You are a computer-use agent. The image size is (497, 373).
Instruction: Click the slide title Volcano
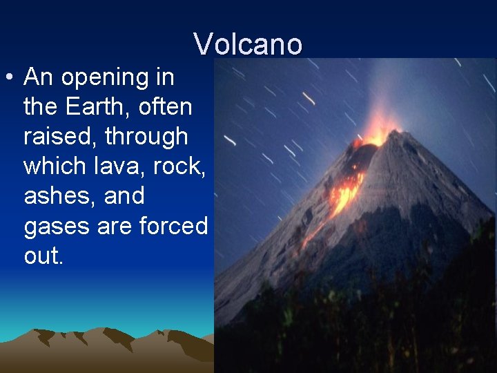(x=248, y=44)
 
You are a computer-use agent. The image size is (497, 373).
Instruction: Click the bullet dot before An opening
(x=10, y=77)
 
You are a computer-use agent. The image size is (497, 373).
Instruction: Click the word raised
(x=59, y=137)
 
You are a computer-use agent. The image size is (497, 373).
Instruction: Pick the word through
(x=146, y=137)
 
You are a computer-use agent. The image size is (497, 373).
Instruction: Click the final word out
(x=43, y=256)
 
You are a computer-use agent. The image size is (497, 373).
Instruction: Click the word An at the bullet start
(x=39, y=77)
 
